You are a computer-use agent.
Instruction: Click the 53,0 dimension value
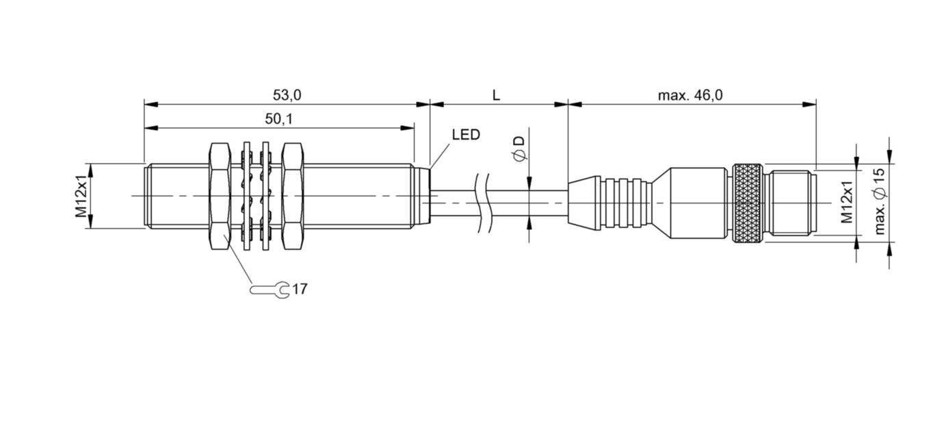(287, 95)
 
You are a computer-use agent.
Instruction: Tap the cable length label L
(497, 95)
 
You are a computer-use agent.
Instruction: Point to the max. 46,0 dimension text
(690, 95)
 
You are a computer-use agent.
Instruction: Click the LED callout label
(466, 135)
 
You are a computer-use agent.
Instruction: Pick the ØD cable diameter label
(519, 149)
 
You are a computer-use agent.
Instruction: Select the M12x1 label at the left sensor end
(81, 196)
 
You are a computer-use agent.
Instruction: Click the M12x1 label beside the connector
(846, 203)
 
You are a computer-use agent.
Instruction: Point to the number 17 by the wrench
(300, 290)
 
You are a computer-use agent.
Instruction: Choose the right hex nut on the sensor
(293, 196)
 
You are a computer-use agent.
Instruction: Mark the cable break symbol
(481, 203)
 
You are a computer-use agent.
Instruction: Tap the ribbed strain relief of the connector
(614, 203)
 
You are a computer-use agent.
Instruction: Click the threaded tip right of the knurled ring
(790, 203)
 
